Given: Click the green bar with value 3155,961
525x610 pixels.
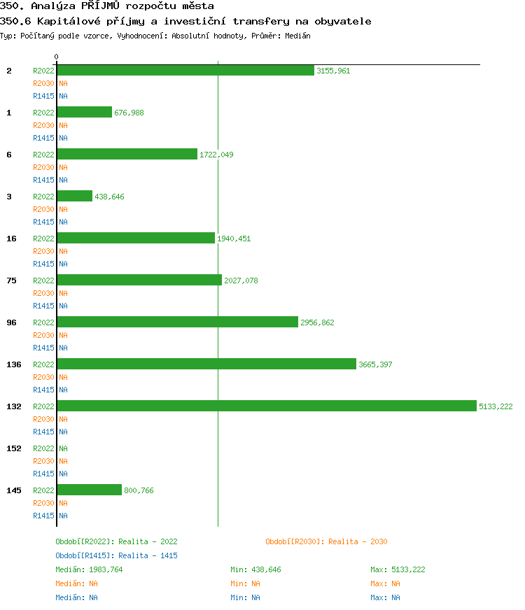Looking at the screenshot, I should [185, 71].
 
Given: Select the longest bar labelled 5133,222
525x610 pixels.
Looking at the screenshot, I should [267, 406].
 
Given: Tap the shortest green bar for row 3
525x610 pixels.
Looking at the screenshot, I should [74, 197].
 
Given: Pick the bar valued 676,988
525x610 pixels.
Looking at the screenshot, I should [84, 113].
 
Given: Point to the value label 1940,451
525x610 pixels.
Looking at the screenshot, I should [234, 239].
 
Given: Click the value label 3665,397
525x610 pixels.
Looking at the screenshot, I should [375, 364].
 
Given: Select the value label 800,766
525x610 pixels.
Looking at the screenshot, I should [139, 490].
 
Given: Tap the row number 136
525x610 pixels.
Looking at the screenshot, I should [13, 364].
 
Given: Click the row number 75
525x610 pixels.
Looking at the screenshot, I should [11, 281].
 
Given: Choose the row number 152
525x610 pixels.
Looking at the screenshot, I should [13, 448].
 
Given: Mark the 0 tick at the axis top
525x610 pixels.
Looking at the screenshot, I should [57, 57].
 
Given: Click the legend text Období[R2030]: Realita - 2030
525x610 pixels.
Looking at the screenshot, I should [326, 541].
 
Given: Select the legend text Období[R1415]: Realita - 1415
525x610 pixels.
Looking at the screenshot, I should [116, 555].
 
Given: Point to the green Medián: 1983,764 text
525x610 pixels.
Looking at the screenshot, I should [89, 569].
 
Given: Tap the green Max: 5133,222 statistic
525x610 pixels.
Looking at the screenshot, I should [398, 569].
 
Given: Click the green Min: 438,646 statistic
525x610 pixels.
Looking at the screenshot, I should [255, 569].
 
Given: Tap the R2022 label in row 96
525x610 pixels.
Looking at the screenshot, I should [43, 322].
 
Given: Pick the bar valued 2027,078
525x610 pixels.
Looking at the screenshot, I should [139, 281].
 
